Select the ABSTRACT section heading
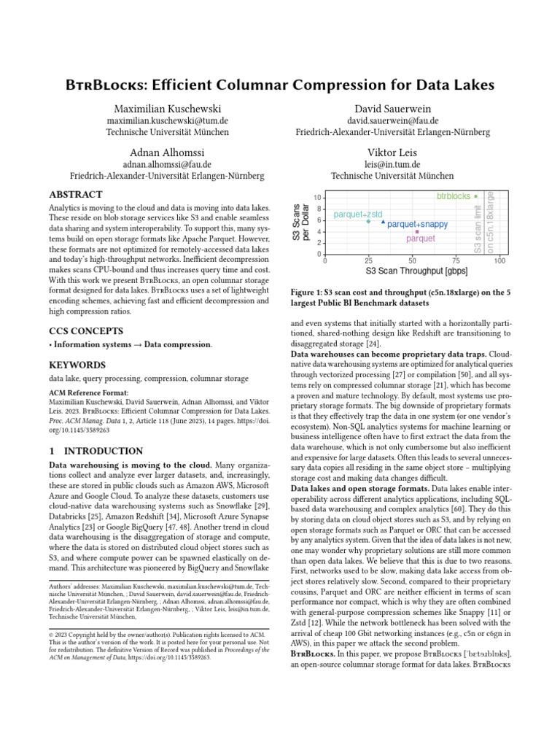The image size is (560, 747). (x=75, y=196)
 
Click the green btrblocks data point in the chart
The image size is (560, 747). (x=476, y=196)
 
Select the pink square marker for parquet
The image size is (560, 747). (x=416, y=232)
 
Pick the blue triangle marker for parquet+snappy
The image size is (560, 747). (x=383, y=222)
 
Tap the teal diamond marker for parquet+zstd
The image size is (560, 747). (x=368, y=221)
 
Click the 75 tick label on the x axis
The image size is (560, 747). (x=456, y=260)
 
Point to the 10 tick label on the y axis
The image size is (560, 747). (x=316, y=198)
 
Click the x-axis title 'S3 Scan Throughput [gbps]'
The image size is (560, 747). (x=412, y=271)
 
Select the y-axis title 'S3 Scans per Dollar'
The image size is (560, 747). (x=300, y=222)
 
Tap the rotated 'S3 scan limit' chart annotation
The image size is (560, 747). (x=478, y=229)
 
